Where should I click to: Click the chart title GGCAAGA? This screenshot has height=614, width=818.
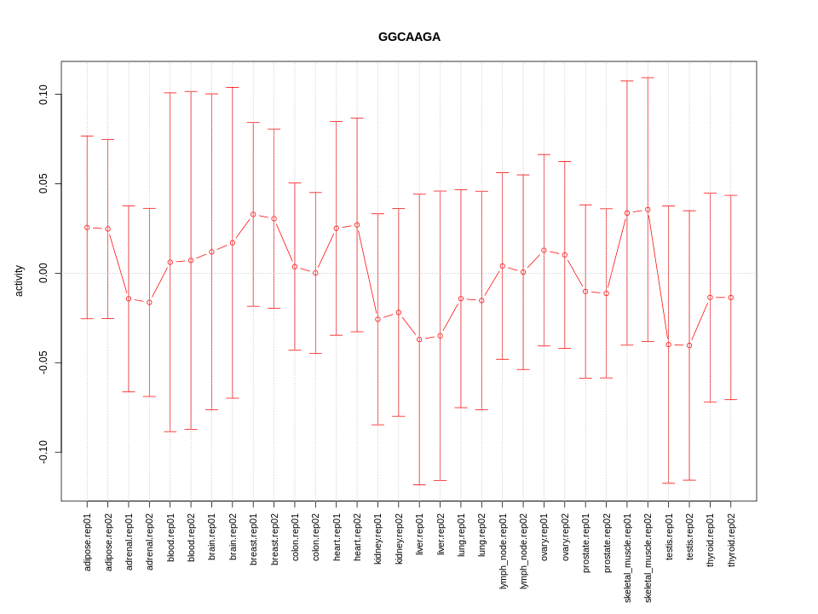point(409,38)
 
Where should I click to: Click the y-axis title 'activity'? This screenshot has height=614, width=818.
point(19,281)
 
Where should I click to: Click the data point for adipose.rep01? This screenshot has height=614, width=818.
point(87,228)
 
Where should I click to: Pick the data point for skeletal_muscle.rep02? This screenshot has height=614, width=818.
point(648,210)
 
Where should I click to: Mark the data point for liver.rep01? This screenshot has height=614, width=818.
point(419,339)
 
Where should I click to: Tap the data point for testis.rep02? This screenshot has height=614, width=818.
point(689,345)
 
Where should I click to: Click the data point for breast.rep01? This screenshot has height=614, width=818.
point(253,214)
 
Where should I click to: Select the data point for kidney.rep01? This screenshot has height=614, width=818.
point(377,319)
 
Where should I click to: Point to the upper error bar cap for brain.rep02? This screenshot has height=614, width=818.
point(233,88)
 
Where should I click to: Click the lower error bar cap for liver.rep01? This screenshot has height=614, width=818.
point(419,484)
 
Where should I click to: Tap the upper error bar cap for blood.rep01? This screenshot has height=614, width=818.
point(170,93)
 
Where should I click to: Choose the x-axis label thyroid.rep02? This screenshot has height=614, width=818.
point(731,542)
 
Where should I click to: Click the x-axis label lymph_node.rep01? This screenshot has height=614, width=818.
point(503,551)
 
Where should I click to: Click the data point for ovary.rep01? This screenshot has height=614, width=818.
point(544,251)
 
